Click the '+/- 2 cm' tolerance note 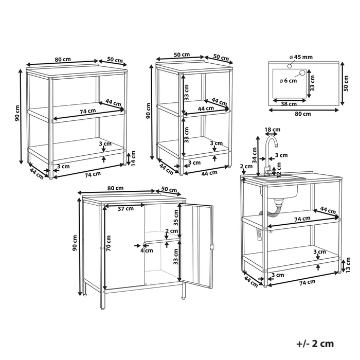coord(315,344)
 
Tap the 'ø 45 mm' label coord(301,57)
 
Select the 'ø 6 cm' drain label coord(288,81)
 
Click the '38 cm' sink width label coord(289,104)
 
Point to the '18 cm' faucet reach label coord(273,130)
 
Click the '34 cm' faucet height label coord(255,155)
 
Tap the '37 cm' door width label coord(125,209)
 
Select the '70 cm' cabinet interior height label coord(109,243)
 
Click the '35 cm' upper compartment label coord(176,218)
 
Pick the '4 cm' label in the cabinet coord(147,250)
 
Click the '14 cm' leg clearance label coord(133,158)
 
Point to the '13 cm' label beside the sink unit coord(348,265)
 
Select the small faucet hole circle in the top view coord(290,66)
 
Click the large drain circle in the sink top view coord(302,73)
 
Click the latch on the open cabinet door coord(212,247)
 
